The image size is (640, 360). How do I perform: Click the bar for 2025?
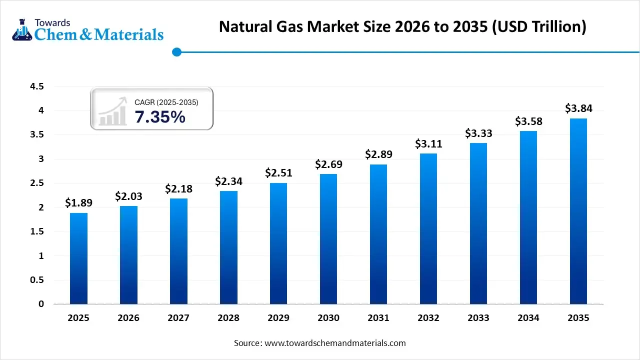(x=78, y=258)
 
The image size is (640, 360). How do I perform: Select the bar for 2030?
(x=328, y=239)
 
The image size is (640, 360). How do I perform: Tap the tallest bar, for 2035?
(x=578, y=211)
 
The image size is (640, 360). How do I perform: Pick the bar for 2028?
(x=228, y=247)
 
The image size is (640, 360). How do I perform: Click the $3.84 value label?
(x=578, y=108)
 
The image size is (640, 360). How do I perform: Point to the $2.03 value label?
(x=128, y=196)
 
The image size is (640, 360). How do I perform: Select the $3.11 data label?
(x=428, y=144)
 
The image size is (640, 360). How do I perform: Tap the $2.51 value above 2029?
(x=278, y=173)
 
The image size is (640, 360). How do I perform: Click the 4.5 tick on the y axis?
(x=37, y=86)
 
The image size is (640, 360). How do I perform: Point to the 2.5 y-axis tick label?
(x=37, y=183)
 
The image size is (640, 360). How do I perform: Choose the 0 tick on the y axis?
(x=41, y=304)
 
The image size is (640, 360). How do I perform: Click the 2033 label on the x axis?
(x=478, y=318)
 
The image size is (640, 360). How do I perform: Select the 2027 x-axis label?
(x=178, y=318)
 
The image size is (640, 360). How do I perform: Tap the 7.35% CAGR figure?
(x=160, y=117)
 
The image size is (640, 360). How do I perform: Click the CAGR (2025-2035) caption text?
(x=166, y=102)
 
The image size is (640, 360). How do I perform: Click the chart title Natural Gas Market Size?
(x=402, y=26)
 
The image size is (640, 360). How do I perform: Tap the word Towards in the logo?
(x=52, y=22)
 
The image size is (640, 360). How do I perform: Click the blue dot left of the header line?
(x=176, y=51)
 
